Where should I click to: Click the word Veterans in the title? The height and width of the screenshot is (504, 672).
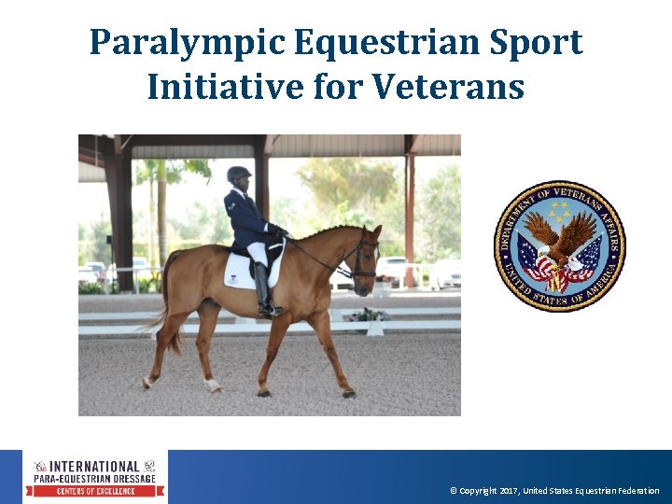coord(448,88)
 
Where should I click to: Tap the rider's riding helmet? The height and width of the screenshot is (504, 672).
coord(239,174)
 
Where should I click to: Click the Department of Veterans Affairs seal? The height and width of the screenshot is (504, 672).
coord(559,246)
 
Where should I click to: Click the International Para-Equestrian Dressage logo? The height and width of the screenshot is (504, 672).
coord(96,477)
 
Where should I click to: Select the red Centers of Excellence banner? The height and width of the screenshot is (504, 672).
coord(96,491)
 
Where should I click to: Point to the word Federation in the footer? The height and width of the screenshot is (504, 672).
coord(637,491)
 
